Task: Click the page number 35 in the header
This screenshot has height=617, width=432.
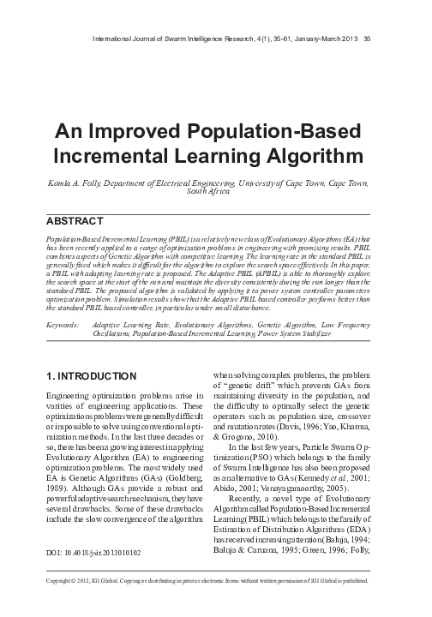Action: (367, 38)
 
